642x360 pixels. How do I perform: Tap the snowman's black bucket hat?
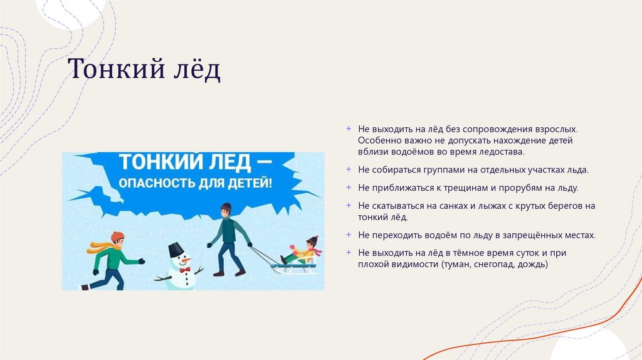click(176, 248)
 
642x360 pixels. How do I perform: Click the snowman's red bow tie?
click(184, 269)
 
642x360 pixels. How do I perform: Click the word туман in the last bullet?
click(457, 265)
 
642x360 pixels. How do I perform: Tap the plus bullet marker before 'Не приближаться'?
click(349, 187)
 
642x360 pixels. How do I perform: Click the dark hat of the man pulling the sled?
click(226, 206)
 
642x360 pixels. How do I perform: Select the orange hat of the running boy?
click(118, 235)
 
